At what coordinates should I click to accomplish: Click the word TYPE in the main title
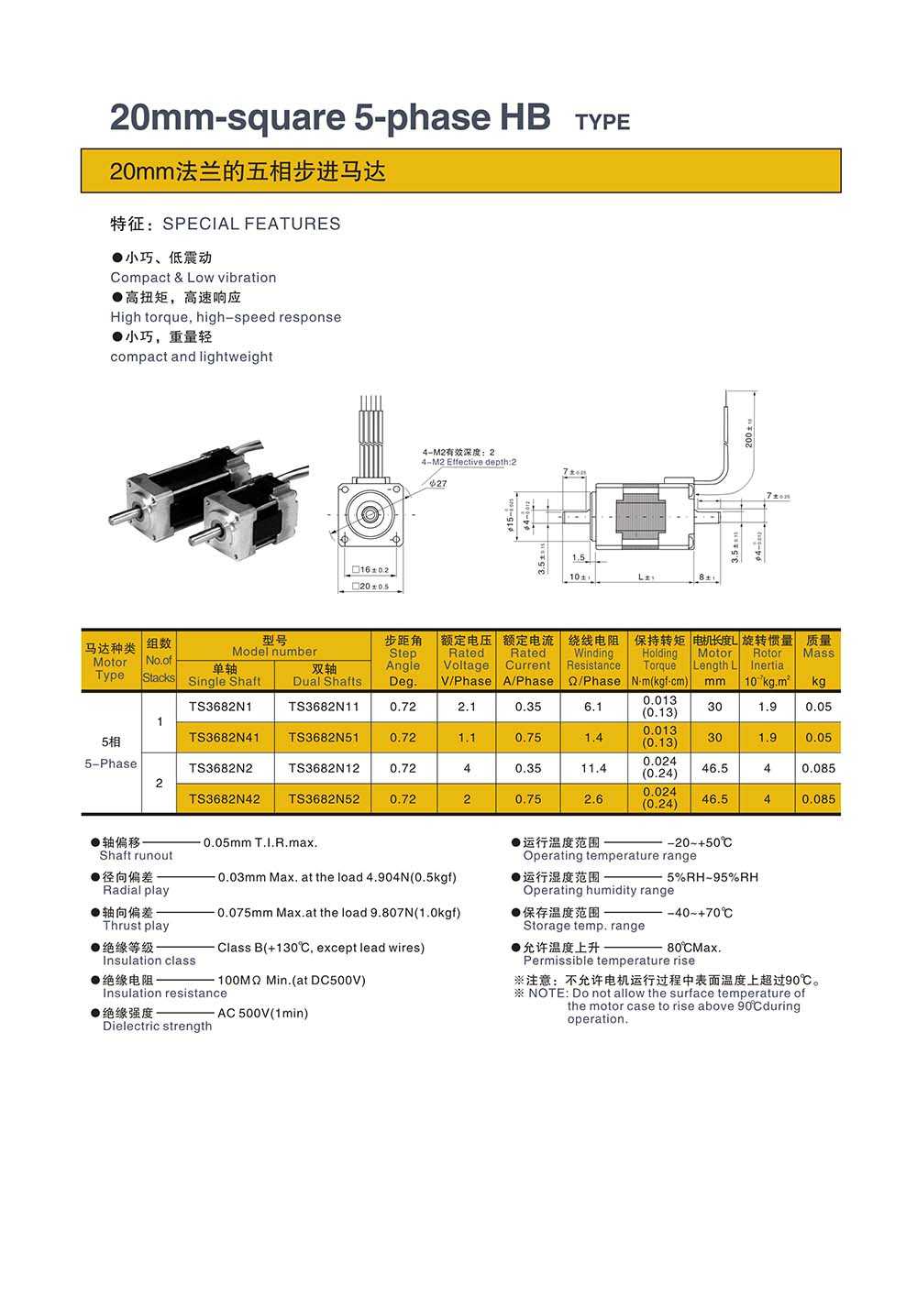602,122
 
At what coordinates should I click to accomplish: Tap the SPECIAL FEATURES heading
251,224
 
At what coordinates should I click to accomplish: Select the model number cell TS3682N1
220,707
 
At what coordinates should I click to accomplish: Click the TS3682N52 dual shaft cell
324,799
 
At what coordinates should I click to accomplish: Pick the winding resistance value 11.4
593,768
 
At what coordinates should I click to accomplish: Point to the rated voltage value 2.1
466,707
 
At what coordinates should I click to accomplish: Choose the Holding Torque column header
659,660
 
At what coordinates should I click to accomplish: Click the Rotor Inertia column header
767,660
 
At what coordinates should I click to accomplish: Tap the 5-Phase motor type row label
111,763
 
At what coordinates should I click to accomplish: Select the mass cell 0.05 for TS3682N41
818,737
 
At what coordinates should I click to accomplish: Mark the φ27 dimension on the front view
437,483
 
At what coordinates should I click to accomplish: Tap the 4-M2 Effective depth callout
469,462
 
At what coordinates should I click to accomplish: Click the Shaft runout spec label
136,856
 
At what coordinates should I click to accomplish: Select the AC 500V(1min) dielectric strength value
262,1013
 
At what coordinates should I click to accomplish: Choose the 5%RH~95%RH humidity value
713,877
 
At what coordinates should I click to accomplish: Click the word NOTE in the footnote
548,994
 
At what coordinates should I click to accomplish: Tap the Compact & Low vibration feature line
193,278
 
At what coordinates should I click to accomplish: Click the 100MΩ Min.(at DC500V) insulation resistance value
291,980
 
